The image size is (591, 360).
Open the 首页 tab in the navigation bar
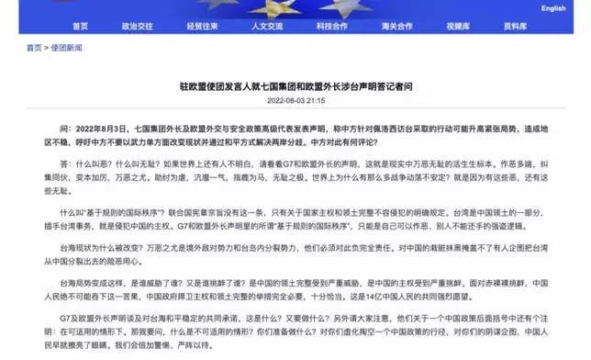(82, 28)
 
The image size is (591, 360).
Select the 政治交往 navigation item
(139, 28)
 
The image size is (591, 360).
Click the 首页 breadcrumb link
(34, 47)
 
